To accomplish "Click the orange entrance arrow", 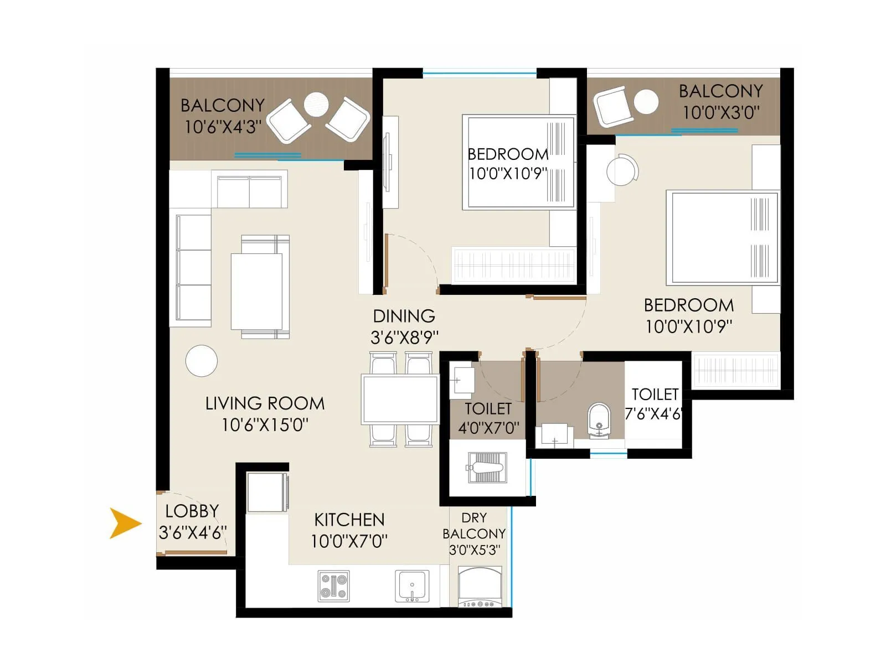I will click(125, 523).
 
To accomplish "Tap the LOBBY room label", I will click(192, 511).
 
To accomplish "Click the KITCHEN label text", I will click(349, 520).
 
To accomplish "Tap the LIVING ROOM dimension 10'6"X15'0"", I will click(265, 425).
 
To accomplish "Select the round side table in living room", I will click(202, 361).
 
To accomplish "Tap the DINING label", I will click(404, 316).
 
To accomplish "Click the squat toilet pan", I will click(487, 468).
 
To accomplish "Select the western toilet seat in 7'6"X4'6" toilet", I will click(599, 419).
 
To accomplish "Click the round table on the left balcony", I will click(316, 104).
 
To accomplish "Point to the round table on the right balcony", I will click(646, 102).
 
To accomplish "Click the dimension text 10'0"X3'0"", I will click(720, 113).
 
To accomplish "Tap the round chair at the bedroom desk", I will click(621, 171).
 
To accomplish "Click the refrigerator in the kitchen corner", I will click(267, 492).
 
